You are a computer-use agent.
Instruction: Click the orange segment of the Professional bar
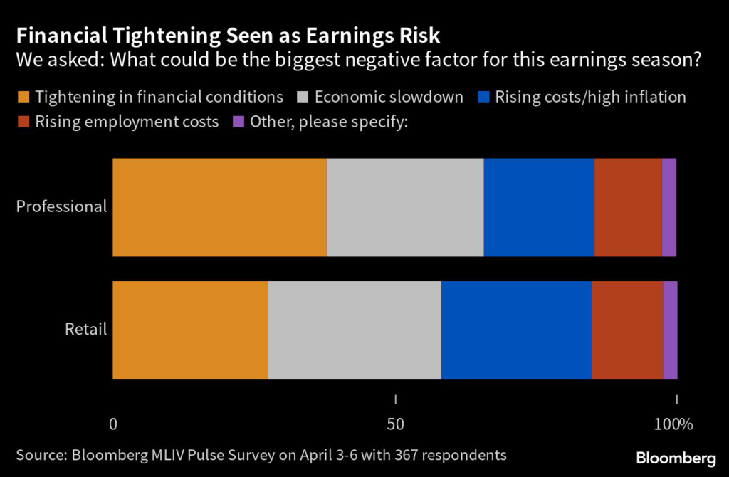pos(219,207)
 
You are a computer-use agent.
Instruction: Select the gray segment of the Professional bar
pos(405,207)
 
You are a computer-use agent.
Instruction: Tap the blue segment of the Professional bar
pos(539,207)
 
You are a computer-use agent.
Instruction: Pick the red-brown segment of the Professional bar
pos(628,207)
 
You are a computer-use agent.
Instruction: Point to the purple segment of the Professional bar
pos(669,207)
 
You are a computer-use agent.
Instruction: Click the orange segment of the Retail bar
pos(190,330)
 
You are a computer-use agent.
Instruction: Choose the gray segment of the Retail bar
pos(355,330)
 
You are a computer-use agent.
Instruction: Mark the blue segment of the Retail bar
pos(516,330)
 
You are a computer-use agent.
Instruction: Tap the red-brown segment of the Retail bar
pos(627,330)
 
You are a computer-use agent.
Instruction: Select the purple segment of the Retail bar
pos(670,330)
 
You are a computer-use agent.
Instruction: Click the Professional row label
pos(61,207)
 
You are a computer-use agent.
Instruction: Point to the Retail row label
pos(85,330)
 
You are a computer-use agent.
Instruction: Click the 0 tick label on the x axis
pos(112,424)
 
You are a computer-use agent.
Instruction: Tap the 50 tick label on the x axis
pos(395,424)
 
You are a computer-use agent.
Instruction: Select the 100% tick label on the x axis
pos(673,424)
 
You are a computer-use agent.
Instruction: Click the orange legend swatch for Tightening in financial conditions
pos(23,97)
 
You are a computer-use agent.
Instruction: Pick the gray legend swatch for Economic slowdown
pos(302,97)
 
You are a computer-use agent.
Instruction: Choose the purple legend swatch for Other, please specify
pos(238,122)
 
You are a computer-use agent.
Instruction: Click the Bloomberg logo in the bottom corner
pos(676,456)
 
